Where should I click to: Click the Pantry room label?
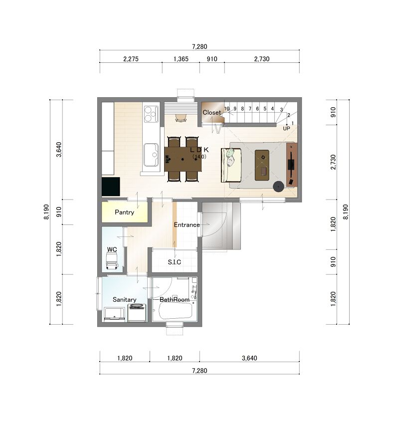pos(124,212)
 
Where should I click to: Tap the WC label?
pos(112,249)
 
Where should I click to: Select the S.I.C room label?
pos(175,262)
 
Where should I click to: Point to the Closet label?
pos(211,113)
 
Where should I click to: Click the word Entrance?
pos(187,224)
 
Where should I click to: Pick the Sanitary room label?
pos(124,300)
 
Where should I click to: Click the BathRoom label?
pos(175,300)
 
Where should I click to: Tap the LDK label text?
pos(199,150)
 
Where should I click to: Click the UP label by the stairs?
pos(286,128)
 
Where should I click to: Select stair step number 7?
pos(250,109)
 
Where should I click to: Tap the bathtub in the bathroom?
pos(175,311)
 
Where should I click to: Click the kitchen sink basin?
pos(151,155)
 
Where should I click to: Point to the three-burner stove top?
pos(151,114)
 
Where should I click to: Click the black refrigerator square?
pos(111,187)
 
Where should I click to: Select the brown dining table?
pos(183,159)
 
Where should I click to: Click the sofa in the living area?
pos(231,165)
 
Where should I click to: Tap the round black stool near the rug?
pos(278,187)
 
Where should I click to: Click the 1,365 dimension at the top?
pos(181,59)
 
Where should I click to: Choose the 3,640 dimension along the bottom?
pos(249,358)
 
